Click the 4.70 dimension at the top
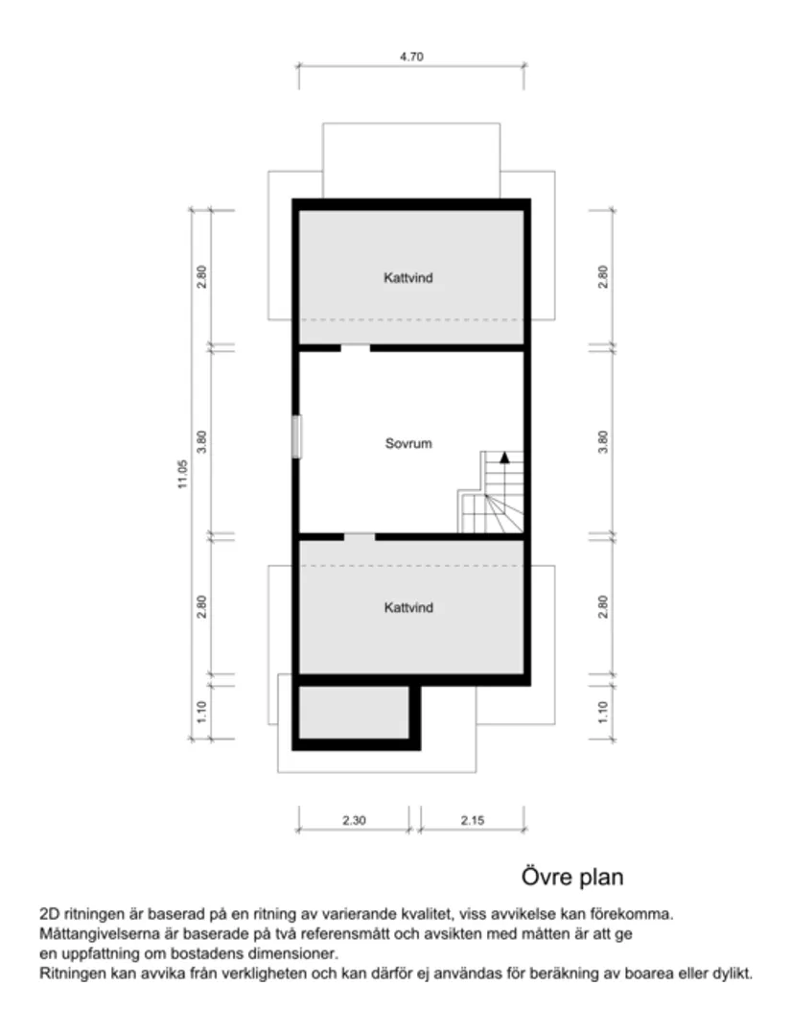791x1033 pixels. pos(411,57)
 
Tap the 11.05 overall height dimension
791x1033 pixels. pos(182,474)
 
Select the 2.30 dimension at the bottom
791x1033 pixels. pos(353,820)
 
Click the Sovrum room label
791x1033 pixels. pos(408,444)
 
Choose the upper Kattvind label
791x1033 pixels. pos(408,278)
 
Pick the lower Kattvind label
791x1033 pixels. pos(408,608)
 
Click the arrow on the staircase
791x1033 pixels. pos(504,457)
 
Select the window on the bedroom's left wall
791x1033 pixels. pos(297,436)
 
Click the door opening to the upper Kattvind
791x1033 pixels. pos(356,347)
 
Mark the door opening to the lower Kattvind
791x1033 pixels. pos(360,536)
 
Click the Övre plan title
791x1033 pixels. pos(572,877)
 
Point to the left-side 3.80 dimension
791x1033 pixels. pos(201,441)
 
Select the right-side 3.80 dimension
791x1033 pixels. pos(603,441)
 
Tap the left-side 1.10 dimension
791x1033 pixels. pos(201,712)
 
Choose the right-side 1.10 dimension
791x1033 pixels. pos(603,712)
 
